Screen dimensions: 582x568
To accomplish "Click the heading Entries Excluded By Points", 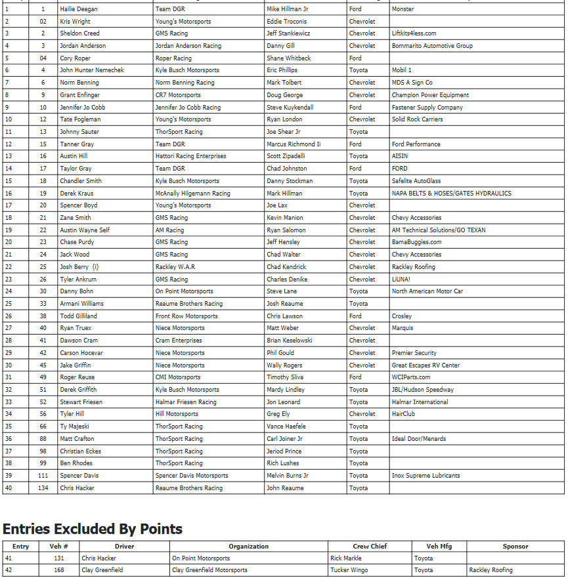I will (x=93, y=529).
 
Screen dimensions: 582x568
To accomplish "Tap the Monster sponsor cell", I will (x=403, y=9).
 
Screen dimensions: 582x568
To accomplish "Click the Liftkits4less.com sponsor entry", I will (x=414, y=33).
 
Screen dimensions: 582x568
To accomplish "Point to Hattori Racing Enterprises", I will (x=190, y=156).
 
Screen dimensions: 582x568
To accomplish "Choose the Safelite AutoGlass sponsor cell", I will (x=416, y=181).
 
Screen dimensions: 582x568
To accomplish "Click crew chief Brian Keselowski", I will (x=290, y=341).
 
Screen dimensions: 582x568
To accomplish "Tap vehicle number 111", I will (x=43, y=476).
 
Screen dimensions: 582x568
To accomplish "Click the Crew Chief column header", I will (x=369, y=547).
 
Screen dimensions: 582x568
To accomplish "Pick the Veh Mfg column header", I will (x=439, y=547).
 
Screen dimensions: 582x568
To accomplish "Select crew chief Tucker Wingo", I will (x=349, y=570).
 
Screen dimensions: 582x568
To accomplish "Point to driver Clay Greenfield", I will (x=102, y=570).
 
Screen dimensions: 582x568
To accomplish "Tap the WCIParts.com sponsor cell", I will (x=411, y=377).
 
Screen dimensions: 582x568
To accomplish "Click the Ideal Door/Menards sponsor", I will (x=418, y=439).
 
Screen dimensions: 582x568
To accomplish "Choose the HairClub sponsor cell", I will (x=403, y=414).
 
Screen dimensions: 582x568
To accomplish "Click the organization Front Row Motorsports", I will (x=186, y=316).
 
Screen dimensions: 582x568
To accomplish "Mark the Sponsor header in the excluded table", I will (x=515, y=547).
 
